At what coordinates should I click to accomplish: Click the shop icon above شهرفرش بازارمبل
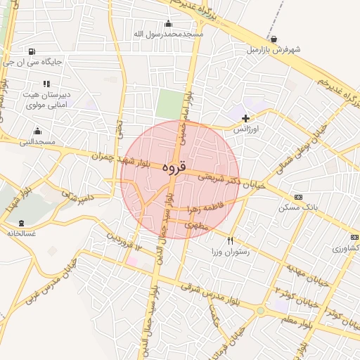(274, 39)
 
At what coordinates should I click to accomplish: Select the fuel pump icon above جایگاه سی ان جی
(32, 51)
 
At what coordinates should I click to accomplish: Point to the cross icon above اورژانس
(245, 118)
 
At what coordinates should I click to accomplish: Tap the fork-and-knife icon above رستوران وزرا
(230, 240)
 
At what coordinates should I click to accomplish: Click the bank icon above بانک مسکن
(299, 197)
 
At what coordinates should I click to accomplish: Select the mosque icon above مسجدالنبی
(37, 131)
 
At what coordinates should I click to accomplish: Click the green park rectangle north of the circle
(168, 104)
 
